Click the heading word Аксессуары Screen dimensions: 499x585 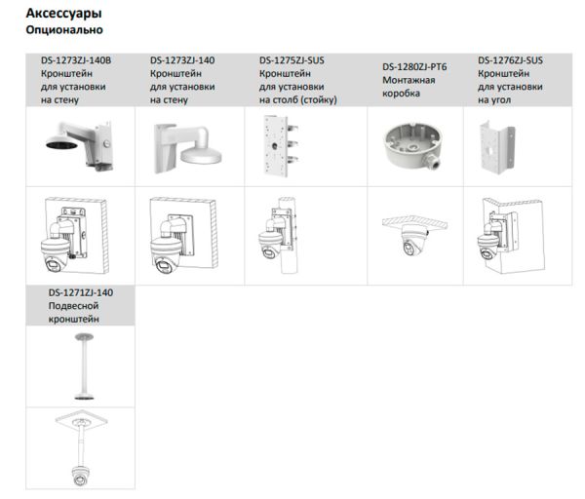63,14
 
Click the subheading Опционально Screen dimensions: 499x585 61,31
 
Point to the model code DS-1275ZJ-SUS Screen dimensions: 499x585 292,60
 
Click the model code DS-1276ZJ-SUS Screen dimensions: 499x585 511,60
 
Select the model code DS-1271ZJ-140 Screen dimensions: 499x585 81,292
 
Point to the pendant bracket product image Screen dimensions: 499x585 80,368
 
